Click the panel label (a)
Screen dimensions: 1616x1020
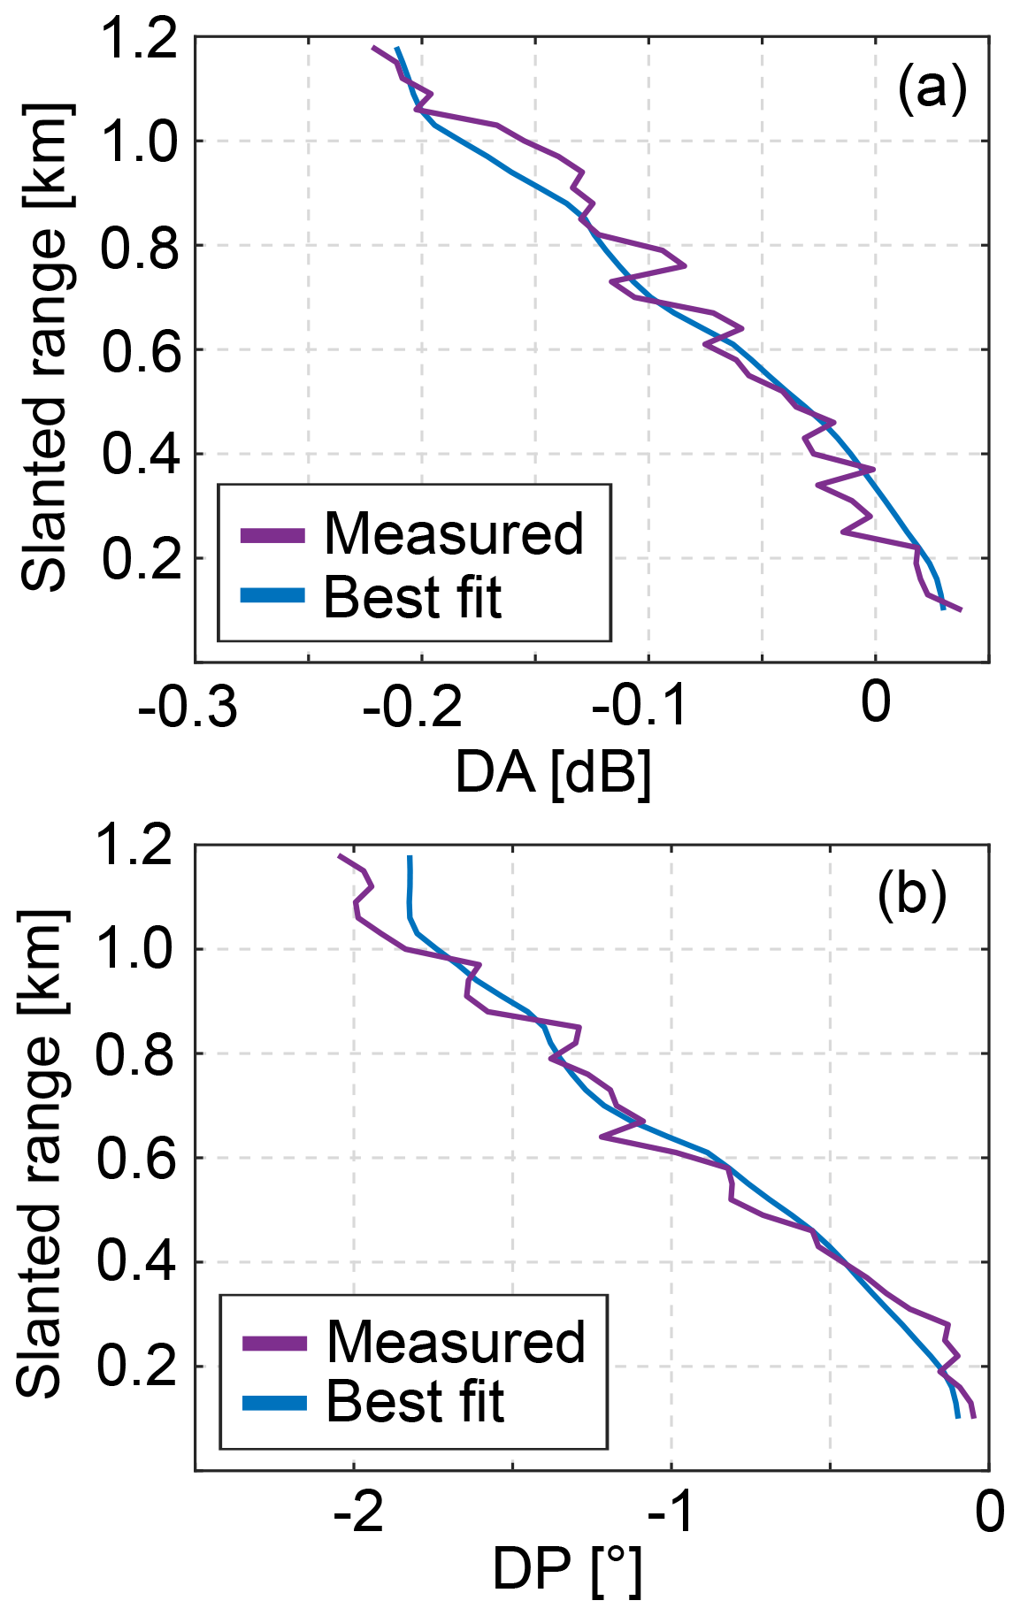(x=932, y=89)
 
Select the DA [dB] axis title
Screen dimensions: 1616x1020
(x=553, y=771)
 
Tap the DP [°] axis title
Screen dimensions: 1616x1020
(x=566, y=1571)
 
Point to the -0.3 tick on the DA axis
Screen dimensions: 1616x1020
(x=188, y=705)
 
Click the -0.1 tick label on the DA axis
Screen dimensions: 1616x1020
(x=640, y=705)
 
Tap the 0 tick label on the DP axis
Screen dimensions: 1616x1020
(x=990, y=1512)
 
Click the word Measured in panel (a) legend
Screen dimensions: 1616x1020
(x=454, y=533)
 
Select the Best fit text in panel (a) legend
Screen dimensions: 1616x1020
(x=412, y=597)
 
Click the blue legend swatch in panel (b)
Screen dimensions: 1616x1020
(x=274, y=1404)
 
